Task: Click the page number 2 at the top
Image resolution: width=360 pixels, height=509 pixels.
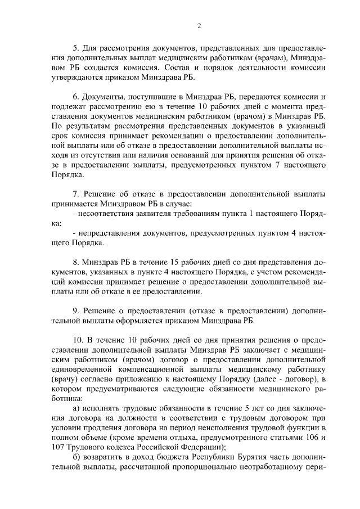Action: coord(199,26)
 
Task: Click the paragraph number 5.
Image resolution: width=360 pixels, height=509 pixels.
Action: coord(76,47)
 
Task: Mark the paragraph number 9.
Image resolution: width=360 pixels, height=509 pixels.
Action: coord(76,310)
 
